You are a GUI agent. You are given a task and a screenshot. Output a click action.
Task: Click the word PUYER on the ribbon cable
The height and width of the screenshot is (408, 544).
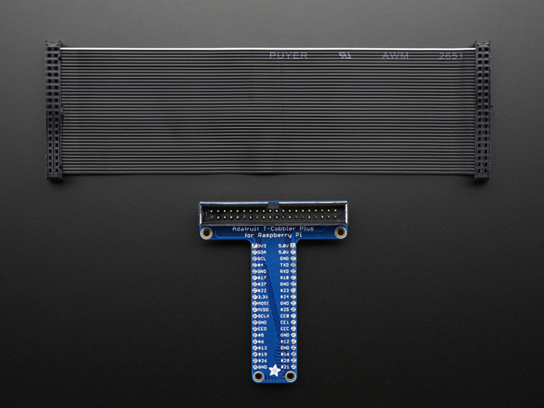[x=288, y=55]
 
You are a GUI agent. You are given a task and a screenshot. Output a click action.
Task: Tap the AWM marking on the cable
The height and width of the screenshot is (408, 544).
[x=395, y=56]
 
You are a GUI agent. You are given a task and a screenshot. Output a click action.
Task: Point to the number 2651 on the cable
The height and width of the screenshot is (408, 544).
[x=452, y=56]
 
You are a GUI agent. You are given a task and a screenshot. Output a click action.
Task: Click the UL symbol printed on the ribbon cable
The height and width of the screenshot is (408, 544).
[x=344, y=55]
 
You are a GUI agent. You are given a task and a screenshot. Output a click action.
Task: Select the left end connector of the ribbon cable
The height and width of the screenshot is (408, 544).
[x=55, y=112]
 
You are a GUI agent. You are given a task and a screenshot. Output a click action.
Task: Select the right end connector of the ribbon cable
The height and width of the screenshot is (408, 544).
[x=481, y=112]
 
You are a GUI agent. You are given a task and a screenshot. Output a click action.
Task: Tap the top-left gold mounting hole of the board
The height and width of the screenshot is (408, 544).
[x=207, y=233]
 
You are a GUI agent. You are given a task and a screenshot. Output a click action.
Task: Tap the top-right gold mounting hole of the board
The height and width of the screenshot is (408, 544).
[x=340, y=233]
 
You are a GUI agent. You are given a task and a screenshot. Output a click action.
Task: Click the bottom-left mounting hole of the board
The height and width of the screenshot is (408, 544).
[x=257, y=374]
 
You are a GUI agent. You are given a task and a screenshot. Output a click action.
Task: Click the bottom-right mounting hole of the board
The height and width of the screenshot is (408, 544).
[x=288, y=374]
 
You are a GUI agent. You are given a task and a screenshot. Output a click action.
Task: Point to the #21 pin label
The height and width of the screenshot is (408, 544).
[x=284, y=365]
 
